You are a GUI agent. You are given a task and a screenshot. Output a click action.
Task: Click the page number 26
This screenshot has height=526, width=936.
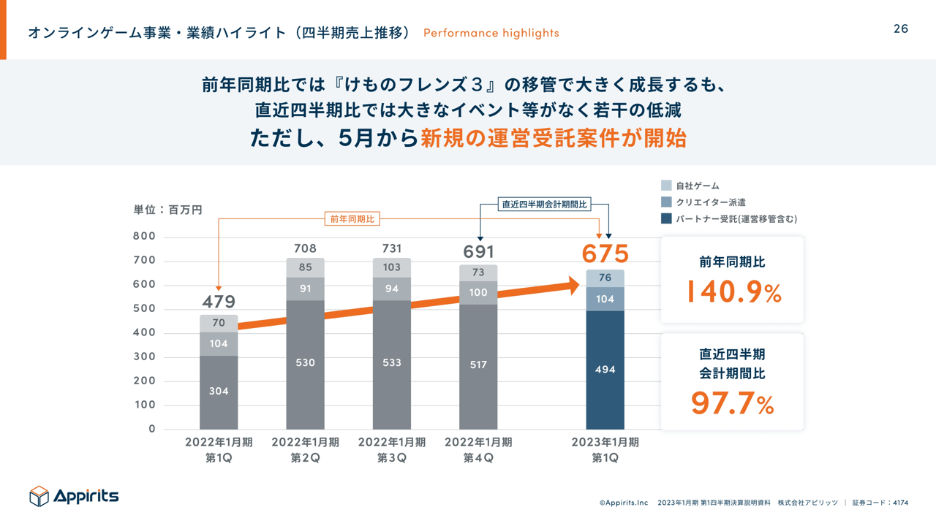(900, 28)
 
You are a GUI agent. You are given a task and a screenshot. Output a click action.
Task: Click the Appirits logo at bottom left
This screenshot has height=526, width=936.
(74, 496)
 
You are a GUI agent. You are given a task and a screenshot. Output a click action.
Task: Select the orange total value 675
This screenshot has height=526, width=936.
(605, 254)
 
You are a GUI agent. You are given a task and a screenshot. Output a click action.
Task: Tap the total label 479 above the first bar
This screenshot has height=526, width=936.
(219, 302)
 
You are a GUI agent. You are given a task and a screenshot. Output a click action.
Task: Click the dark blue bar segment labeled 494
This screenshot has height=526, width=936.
(605, 370)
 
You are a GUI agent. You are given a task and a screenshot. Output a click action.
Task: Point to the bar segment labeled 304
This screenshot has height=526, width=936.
(219, 392)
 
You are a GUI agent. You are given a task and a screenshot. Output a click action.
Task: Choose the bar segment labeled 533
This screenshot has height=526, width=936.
(391, 362)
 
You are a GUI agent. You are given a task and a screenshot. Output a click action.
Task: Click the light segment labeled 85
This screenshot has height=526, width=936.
(305, 267)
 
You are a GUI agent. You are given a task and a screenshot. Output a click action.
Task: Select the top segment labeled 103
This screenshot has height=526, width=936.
(391, 267)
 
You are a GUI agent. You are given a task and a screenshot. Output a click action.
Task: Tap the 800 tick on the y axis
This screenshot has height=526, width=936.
(144, 236)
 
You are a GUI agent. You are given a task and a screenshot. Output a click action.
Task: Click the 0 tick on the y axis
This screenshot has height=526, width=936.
(151, 429)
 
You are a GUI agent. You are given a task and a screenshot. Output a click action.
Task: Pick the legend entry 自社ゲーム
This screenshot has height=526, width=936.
(697, 186)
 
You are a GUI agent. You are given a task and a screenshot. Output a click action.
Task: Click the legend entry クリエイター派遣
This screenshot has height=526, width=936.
(710, 202)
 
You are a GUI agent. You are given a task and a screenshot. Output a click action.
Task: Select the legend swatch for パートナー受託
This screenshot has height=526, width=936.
(666, 218)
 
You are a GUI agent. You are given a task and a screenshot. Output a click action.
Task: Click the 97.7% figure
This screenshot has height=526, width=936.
(732, 403)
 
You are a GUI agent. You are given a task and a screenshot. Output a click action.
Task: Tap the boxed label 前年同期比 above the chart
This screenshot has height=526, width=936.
(352, 218)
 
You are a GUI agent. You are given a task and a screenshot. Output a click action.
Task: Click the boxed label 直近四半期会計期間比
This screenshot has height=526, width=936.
(545, 205)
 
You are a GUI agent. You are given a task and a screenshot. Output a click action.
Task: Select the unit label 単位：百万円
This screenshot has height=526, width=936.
(167, 210)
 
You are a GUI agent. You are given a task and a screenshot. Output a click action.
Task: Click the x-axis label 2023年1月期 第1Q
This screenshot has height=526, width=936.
(605, 450)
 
